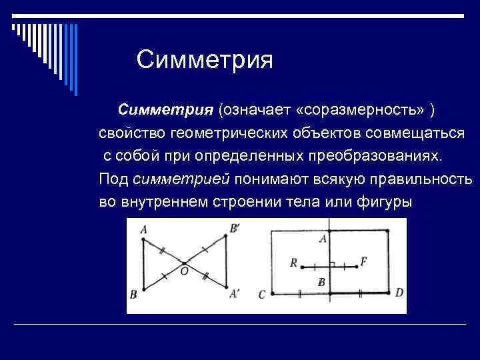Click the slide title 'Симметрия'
point(205,61)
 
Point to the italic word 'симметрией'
point(182,179)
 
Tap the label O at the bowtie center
point(184,271)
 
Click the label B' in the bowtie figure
point(235,229)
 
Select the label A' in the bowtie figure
point(235,293)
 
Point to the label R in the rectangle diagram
point(293,263)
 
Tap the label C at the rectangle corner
point(261,294)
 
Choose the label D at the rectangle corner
point(399,293)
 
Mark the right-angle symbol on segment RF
point(332,265)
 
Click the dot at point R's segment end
point(302,268)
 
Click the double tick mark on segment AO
point(161,251)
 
